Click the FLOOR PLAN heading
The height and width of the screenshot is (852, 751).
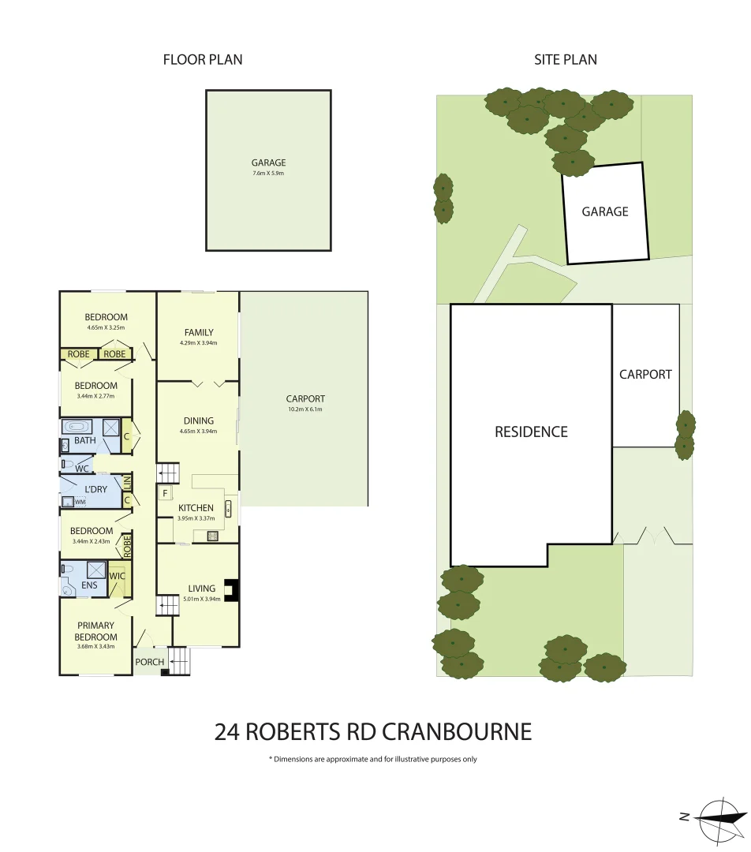(x=203, y=59)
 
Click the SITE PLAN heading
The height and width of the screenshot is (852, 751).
(x=566, y=59)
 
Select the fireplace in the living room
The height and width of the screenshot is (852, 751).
(x=232, y=590)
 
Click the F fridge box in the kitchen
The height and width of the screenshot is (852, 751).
(x=165, y=494)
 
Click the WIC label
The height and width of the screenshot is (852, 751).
(x=117, y=577)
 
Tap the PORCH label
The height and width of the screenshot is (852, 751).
(x=150, y=662)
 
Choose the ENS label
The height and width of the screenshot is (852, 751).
(x=90, y=585)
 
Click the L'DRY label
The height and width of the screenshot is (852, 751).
(x=95, y=490)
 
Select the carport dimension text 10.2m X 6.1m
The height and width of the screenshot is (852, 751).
(x=306, y=409)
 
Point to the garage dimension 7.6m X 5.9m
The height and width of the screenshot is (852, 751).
(x=268, y=173)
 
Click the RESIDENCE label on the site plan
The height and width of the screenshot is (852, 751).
(x=531, y=432)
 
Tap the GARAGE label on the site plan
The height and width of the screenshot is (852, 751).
(x=605, y=211)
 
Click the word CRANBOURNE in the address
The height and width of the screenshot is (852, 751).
(x=457, y=732)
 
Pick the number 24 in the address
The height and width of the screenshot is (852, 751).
(x=227, y=732)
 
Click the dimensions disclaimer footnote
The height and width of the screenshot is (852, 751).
(x=373, y=760)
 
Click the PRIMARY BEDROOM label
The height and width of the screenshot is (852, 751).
(x=95, y=631)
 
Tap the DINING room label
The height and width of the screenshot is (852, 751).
(x=197, y=421)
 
